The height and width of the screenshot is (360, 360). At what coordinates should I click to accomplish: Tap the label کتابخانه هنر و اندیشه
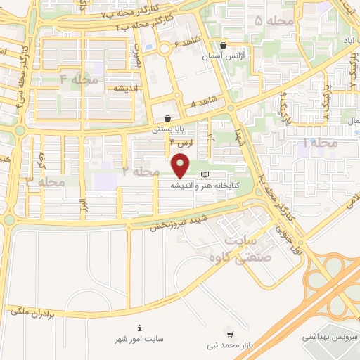pos(203,186)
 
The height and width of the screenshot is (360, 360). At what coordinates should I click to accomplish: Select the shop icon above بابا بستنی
pos(167,118)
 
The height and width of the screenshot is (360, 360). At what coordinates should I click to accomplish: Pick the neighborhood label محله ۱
pos(319,142)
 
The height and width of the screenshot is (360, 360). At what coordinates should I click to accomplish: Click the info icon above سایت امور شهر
pos(140,328)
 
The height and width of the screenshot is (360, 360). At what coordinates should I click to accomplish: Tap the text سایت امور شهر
pos(140,338)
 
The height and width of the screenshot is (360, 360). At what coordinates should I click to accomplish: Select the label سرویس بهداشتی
pos(327,337)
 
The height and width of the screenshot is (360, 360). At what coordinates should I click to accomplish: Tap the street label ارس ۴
pos(181,143)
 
